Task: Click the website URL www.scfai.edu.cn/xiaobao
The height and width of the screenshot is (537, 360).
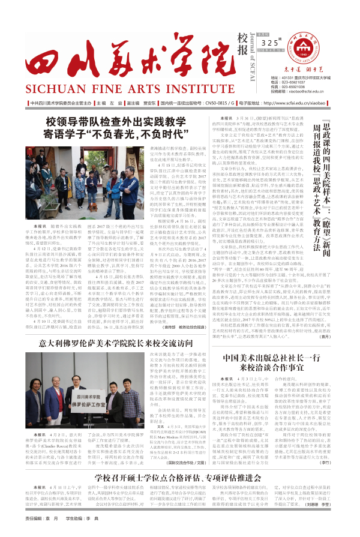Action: [x=299, y=103]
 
